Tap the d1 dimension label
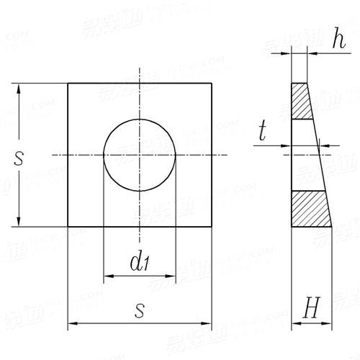(140, 262)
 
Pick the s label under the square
(141, 310)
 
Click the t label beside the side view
(264, 132)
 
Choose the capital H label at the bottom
(311, 310)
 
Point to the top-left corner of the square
(68, 84)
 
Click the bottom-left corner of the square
(68, 227)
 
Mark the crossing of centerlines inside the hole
(140, 155)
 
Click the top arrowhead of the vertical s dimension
(17, 88)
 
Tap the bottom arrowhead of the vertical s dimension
(17, 222)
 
